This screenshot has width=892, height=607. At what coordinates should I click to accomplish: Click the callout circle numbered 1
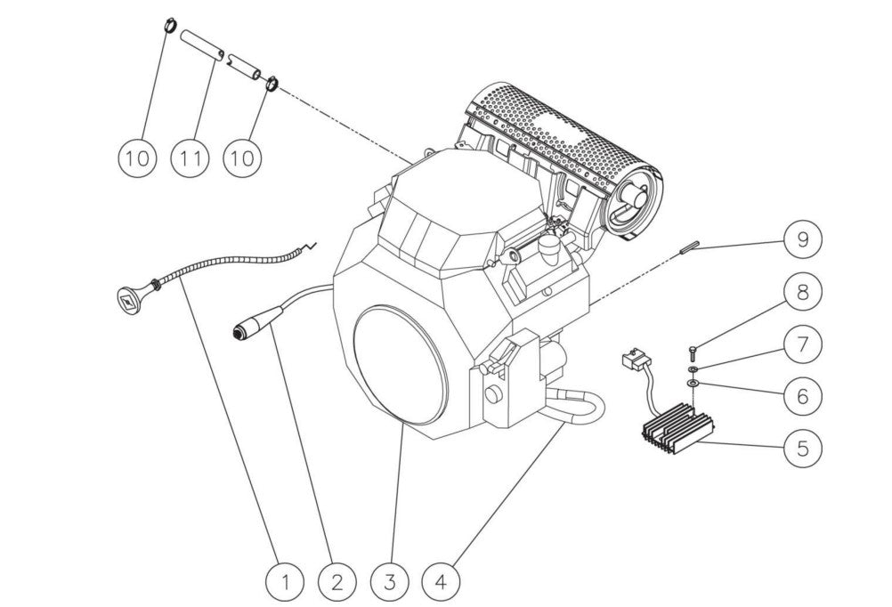click(x=286, y=583)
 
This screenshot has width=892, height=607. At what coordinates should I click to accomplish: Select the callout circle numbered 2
click(x=337, y=583)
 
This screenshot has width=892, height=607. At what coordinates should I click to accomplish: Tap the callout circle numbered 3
click(x=389, y=583)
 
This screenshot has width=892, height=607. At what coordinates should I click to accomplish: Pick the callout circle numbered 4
click(x=442, y=583)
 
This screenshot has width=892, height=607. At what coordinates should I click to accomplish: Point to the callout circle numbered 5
click(x=803, y=448)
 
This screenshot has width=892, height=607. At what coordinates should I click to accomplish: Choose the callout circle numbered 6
click(x=803, y=395)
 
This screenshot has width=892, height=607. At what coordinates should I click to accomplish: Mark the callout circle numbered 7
click(x=803, y=344)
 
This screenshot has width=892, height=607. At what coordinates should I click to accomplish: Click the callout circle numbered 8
click(x=803, y=292)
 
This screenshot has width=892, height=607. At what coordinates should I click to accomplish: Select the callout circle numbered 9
click(x=803, y=239)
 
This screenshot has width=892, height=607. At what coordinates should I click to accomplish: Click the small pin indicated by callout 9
click(x=685, y=250)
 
